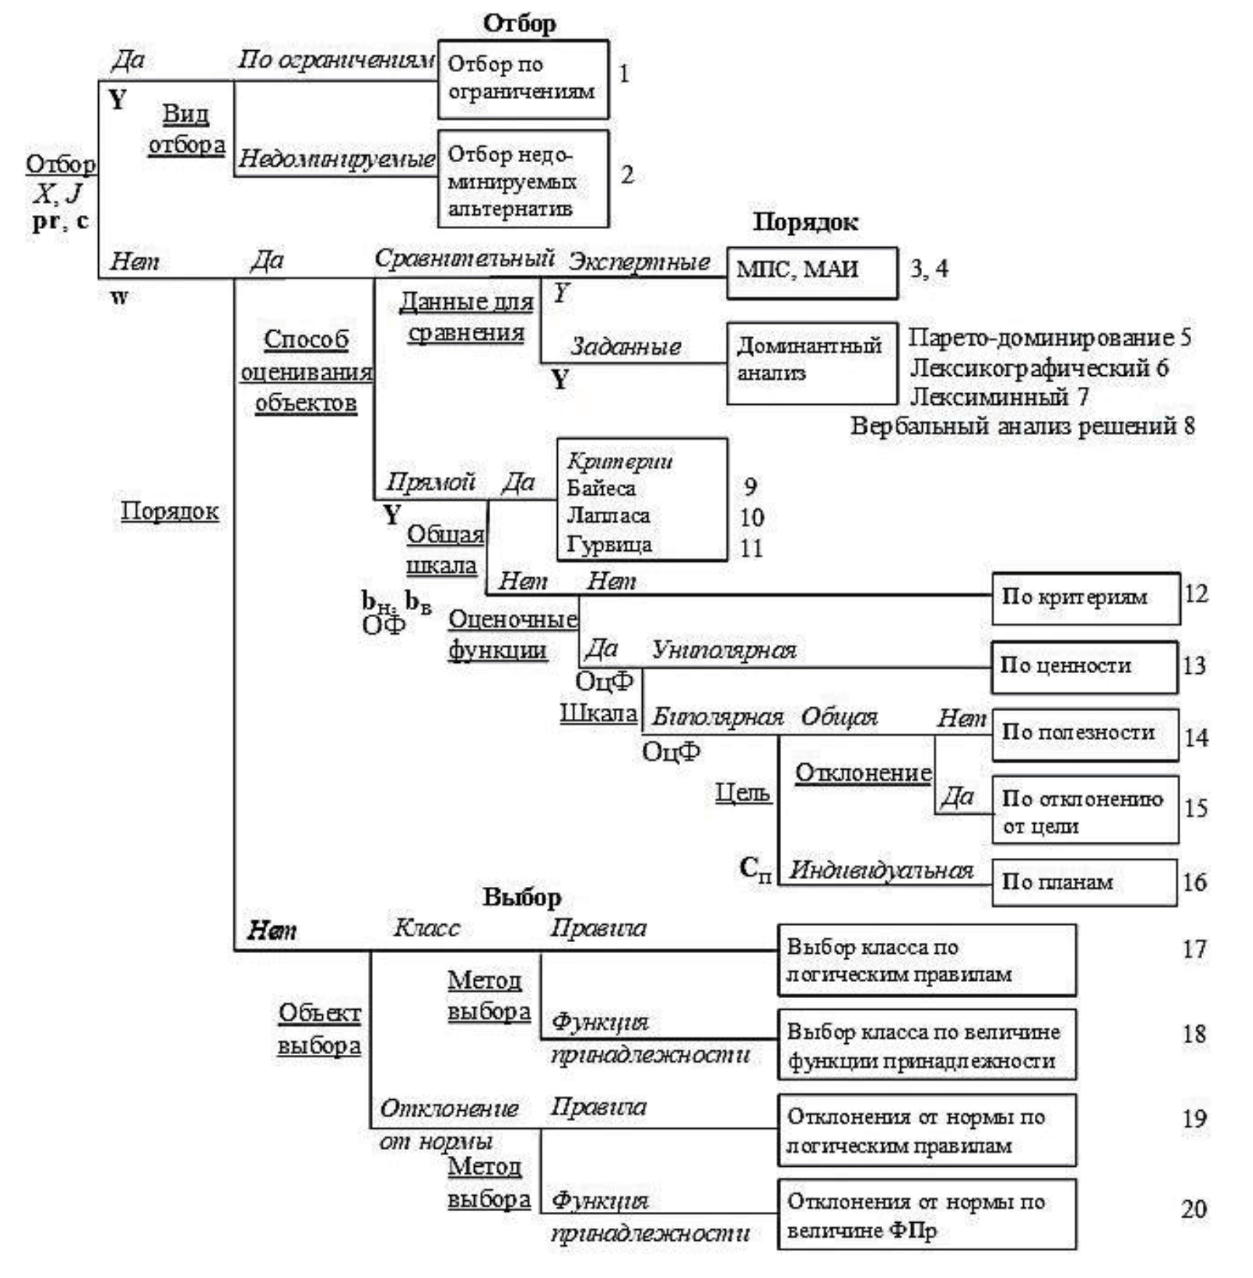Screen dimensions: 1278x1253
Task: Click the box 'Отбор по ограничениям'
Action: [523, 79]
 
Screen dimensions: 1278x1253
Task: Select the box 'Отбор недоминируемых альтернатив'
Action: [523, 179]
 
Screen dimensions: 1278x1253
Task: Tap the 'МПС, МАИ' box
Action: [812, 273]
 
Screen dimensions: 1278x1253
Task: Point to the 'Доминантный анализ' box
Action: [812, 363]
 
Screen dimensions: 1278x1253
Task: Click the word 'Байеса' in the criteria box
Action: [601, 489]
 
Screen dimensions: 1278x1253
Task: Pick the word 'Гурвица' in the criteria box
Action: [609, 544]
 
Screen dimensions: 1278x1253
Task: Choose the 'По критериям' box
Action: [1085, 598]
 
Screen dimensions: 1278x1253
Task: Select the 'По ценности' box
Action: [1084, 667]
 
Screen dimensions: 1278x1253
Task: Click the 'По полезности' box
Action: [1084, 734]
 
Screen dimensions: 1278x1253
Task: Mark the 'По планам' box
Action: [1084, 883]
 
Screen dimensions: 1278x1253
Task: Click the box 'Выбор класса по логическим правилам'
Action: [926, 960]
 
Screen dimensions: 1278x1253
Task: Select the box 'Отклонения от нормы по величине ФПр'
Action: [926, 1215]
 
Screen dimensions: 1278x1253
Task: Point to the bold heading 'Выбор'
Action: [521, 897]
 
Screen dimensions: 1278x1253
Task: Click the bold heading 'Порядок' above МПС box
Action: [805, 222]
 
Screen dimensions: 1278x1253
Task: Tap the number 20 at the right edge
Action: [1193, 1209]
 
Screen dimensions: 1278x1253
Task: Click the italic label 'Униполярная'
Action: [724, 650]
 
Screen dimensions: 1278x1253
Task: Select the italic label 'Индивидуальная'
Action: [881, 870]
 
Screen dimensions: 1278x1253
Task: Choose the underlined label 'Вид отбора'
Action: [186, 129]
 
